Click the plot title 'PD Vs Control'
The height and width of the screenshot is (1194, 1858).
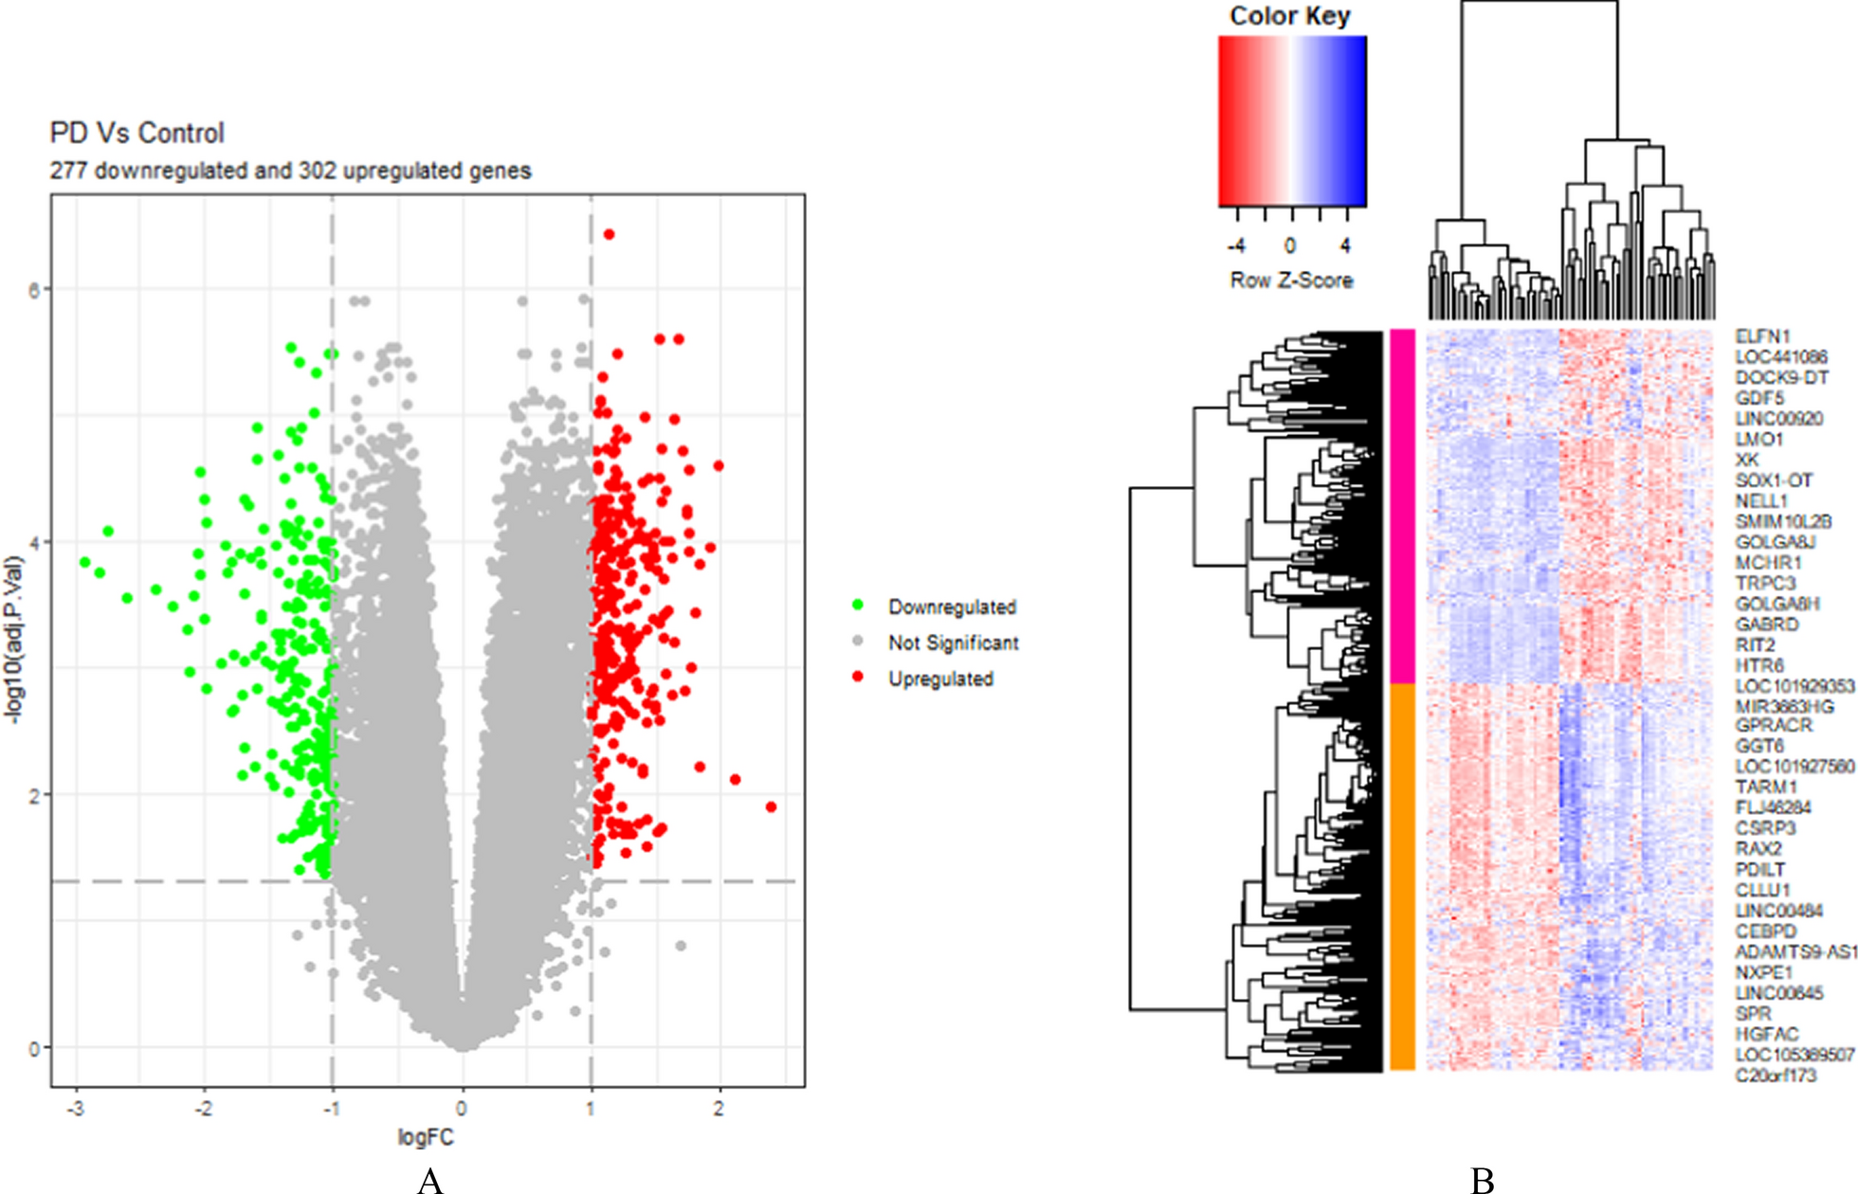tap(137, 133)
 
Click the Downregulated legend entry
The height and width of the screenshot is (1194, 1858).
tap(951, 606)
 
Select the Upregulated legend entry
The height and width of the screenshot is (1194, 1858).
tap(939, 678)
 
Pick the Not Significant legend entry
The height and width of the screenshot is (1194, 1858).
tap(953, 642)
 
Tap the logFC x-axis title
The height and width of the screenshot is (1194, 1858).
tap(426, 1137)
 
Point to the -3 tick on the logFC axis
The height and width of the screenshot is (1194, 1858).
tap(76, 1109)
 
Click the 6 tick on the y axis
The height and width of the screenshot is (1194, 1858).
tap(34, 289)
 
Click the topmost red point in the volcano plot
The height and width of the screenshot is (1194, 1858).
tap(610, 234)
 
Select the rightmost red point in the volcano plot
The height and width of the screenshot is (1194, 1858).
tap(771, 806)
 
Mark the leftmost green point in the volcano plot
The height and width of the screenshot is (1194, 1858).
tap(85, 562)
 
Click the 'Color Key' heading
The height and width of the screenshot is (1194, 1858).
tap(1289, 16)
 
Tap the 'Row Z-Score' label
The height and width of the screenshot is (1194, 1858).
tap(1291, 280)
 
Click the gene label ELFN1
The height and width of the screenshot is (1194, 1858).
tap(1762, 336)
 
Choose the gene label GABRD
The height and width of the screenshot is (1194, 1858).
tap(1766, 624)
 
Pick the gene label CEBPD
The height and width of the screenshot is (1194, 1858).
tap(1765, 932)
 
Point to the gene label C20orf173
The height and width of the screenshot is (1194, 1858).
tap(1776, 1076)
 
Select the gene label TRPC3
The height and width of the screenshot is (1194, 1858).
tap(1765, 584)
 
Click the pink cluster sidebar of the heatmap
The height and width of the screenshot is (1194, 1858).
tap(1402, 506)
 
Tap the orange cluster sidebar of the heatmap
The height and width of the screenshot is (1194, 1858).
tap(1402, 877)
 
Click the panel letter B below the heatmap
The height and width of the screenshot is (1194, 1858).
tap(1483, 1180)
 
